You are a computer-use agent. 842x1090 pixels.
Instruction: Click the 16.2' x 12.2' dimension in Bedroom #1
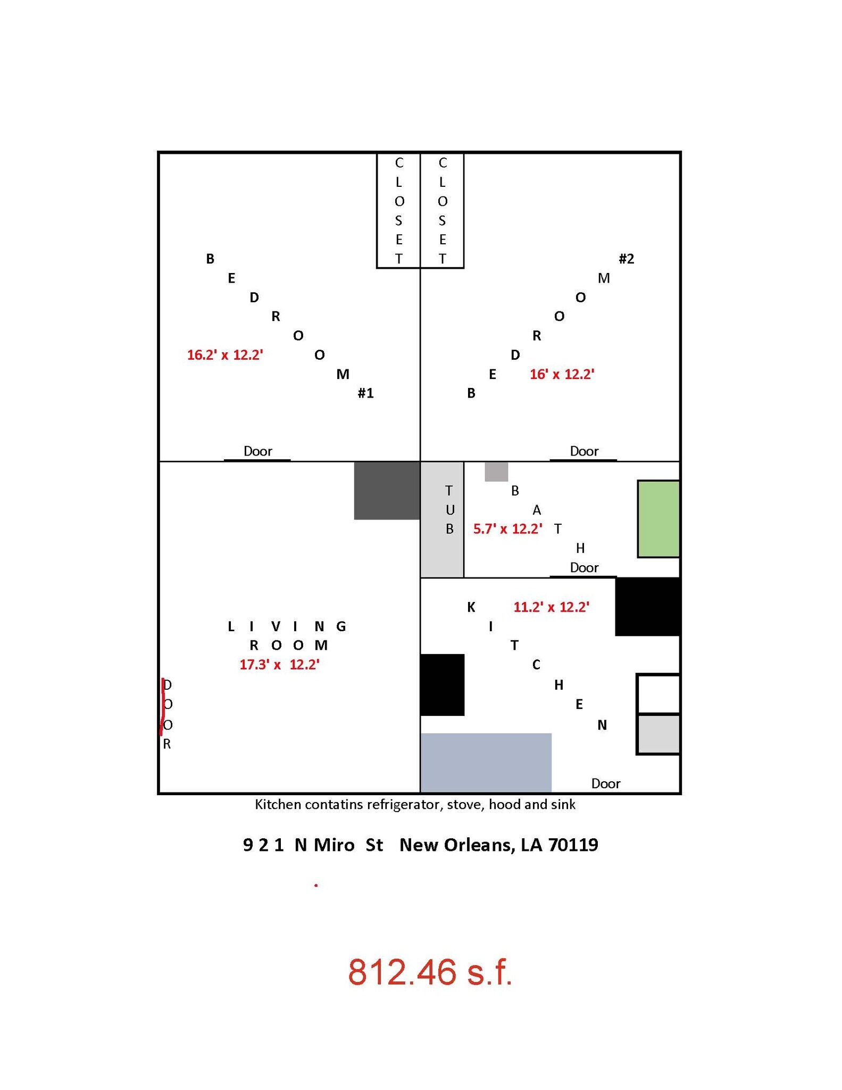click(225, 355)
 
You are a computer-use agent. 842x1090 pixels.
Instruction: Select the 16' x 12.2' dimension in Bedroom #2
click(562, 374)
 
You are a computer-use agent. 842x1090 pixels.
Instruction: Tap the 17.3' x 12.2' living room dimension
click(279, 665)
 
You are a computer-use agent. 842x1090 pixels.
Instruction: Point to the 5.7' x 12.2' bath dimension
click(508, 529)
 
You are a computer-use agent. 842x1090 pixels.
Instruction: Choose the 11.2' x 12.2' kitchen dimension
click(551, 607)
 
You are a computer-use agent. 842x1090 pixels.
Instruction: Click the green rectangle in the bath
click(658, 519)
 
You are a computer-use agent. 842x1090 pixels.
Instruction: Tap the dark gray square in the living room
click(387, 491)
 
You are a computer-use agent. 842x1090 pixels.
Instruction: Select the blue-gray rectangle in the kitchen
click(486, 763)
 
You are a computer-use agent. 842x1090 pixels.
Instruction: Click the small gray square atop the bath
click(496, 472)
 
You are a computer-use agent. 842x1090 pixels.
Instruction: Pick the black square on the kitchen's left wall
click(443, 685)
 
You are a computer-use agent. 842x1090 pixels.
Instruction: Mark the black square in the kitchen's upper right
click(648, 607)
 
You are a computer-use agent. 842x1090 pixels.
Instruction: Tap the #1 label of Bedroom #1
click(366, 393)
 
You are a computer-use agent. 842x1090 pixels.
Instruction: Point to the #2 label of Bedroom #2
click(627, 259)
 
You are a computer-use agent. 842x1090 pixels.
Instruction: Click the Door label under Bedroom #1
click(258, 451)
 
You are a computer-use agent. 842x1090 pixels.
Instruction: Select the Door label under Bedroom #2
click(585, 451)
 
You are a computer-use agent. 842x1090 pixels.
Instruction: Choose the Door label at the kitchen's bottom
click(606, 783)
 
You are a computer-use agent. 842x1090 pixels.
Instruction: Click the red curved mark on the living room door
click(163, 707)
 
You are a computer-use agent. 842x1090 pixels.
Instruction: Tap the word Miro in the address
click(334, 845)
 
